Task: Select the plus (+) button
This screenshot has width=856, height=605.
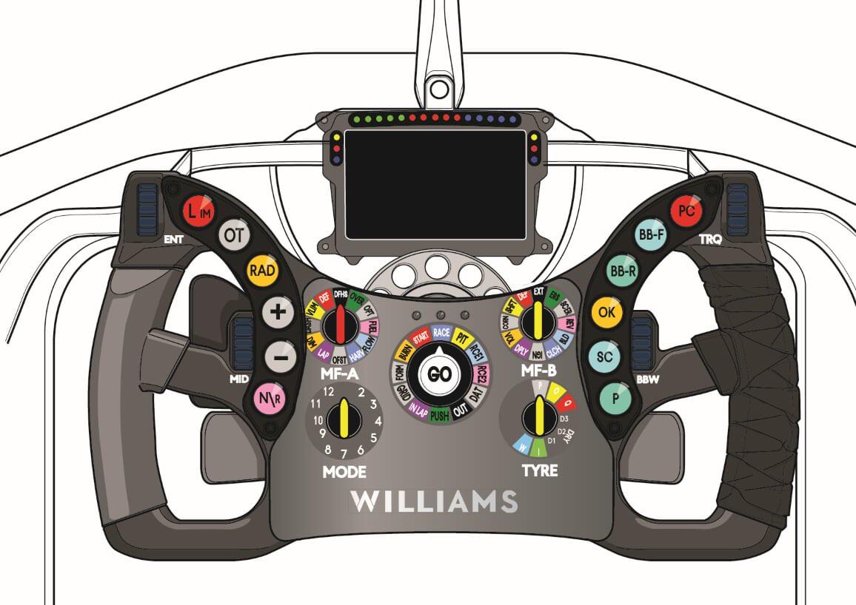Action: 278,312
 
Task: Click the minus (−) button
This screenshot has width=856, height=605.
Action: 279,358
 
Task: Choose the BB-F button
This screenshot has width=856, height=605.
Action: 652,236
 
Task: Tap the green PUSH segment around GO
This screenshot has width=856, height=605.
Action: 440,415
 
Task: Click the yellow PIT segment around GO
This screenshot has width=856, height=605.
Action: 464,339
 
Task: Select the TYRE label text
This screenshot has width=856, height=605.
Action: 539,470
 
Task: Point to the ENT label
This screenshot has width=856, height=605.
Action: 172,240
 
